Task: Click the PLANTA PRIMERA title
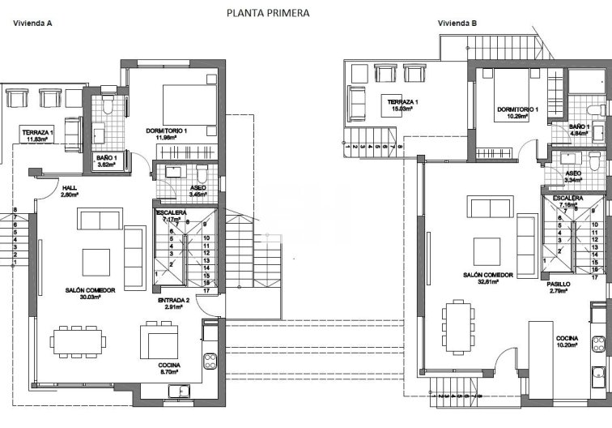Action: click(267, 13)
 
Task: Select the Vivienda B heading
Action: click(457, 24)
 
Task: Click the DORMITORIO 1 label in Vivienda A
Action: click(167, 131)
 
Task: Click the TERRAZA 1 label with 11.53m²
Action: click(37, 132)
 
